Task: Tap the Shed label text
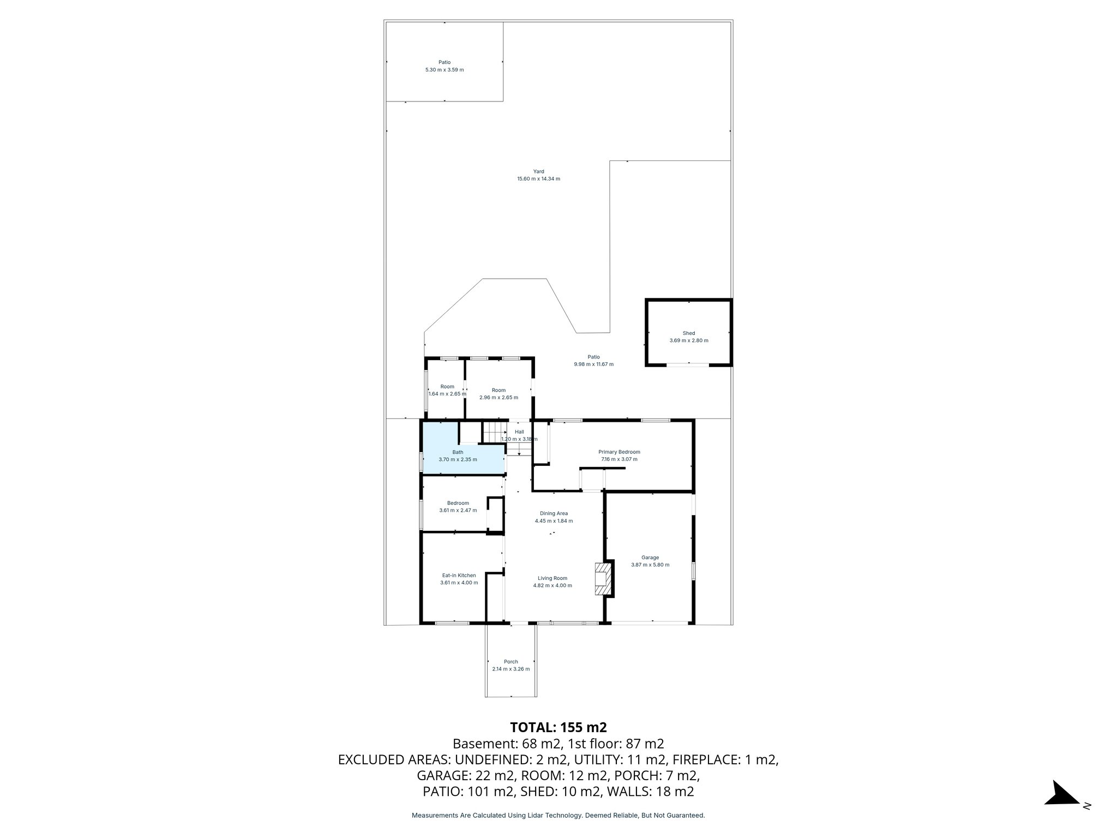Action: (x=689, y=333)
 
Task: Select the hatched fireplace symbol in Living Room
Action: (x=601, y=580)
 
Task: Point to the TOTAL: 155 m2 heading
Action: (x=558, y=727)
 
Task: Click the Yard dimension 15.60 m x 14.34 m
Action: (x=538, y=179)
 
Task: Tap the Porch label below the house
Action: (x=511, y=662)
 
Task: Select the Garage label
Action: (x=650, y=558)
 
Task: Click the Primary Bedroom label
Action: (x=619, y=452)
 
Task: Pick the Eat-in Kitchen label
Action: (x=459, y=575)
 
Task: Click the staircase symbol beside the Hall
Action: (x=495, y=434)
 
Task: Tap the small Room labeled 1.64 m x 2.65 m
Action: (x=447, y=390)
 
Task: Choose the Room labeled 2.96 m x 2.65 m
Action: (x=499, y=394)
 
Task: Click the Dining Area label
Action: (x=554, y=513)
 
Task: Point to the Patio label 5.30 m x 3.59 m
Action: (x=445, y=66)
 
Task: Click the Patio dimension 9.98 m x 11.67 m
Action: (x=593, y=364)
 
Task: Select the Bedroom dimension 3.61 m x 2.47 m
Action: (x=458, y=511)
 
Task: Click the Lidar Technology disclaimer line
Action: (x=558, y=815)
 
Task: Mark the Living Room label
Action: (x=553, y=578)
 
